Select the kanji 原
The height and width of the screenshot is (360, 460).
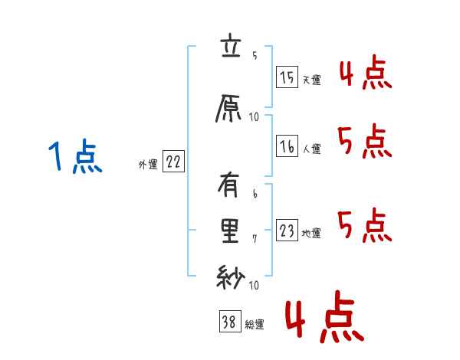click(230, 110)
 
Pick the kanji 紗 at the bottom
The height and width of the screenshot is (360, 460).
click(230, 277)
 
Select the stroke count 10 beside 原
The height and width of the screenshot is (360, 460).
click(254, 117)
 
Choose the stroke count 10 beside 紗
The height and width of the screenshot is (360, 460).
click(254, 284)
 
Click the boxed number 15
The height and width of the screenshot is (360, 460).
click(287, 77)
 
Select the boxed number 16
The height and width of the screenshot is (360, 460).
click(287, 146)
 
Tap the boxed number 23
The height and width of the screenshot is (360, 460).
click(287, 231)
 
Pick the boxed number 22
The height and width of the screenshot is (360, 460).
click(173, 162)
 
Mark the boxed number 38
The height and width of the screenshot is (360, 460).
click(228, 322)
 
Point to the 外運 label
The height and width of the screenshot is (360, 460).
click(148, 163)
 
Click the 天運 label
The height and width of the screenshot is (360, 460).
click(311, 80)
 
